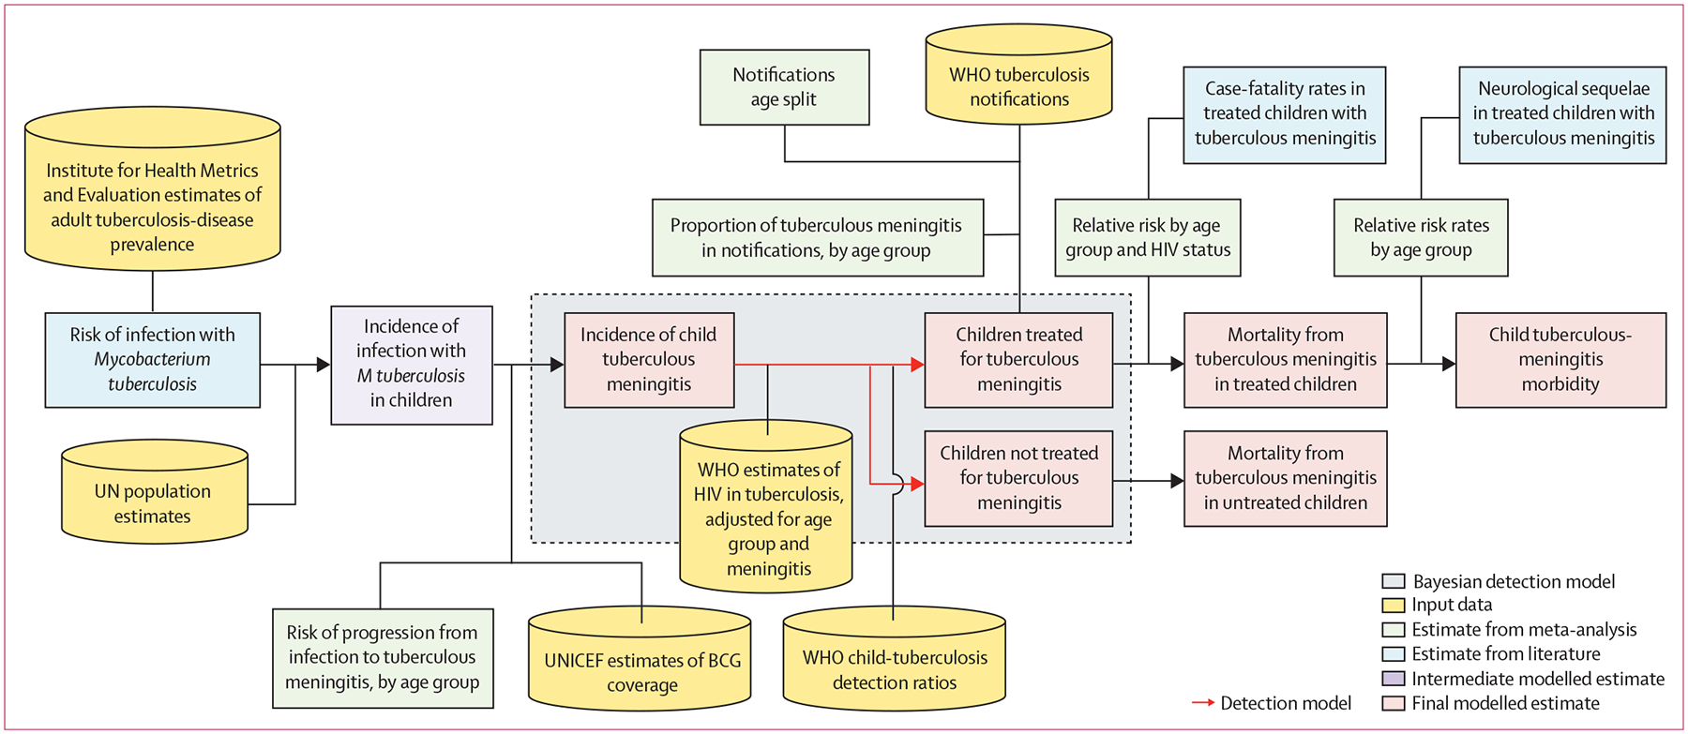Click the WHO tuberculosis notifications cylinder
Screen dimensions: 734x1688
click(x=1018, y=86)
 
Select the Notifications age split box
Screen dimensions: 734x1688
click(x=784, y=87)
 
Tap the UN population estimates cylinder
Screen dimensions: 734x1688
click(x=154, y=502)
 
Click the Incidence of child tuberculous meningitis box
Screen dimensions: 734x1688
click(x=649, y=360)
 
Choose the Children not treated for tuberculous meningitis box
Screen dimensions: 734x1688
click(x=1018, y=478)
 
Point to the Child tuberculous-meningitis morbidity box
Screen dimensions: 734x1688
click(x=1560, y=360)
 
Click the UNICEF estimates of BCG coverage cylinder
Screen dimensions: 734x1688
click(x=641, y=671)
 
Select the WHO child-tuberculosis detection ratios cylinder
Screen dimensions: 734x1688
click(x=894, y=669)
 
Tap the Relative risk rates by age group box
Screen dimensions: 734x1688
click(x=1421, y=237)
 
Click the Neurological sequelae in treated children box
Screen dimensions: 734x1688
click(x=1562, y=114)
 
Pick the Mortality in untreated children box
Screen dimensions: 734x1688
click(x=1285, y=478)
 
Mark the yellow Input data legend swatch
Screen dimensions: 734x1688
click(x=1394, y=606)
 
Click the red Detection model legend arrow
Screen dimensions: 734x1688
click(x=1203, y=703)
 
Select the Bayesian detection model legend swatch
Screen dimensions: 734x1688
click(x=1394, y=581)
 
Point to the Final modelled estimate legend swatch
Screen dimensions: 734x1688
click(x=1394, y=703)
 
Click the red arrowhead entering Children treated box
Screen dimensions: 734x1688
click(x=917, y=365)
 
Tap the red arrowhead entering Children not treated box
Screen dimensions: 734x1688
click(x=917, y=484)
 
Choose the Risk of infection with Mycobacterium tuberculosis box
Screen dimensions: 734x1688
click(x=153, y=360)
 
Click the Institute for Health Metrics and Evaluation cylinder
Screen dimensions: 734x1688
click(x=152, y=206)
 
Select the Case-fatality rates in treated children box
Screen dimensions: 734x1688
click(x=1284, y=114)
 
